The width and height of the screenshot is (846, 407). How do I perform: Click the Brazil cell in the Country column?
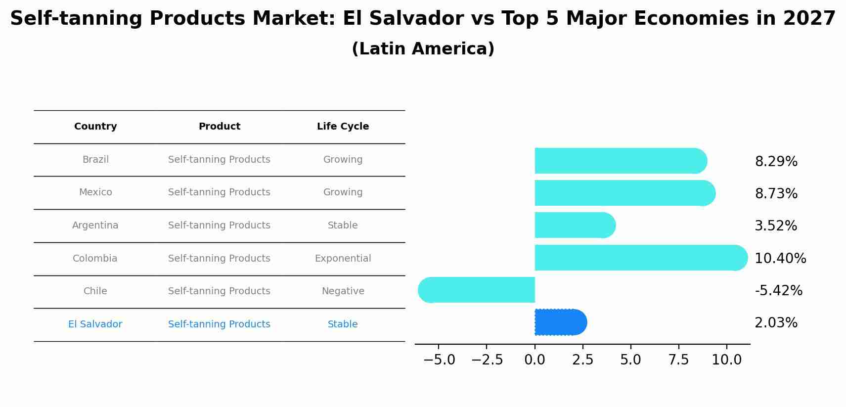[x=95, y=160]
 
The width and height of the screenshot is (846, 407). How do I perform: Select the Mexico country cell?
[x=95, y=192]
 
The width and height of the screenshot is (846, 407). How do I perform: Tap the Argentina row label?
[x=95, y=226]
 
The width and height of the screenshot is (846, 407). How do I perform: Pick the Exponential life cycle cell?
[x=343, y=259]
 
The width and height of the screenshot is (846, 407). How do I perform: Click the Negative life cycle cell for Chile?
[x=343, y=291]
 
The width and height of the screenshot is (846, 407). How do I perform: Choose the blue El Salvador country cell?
[x=95, y=324]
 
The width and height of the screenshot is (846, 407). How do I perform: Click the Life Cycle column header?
[x=343, y=127]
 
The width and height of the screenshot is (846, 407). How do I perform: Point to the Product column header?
[x=219, y=127]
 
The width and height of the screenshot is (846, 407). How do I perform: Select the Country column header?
[x=95, y=127]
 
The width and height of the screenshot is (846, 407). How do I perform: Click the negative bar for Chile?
[x=476, y=290]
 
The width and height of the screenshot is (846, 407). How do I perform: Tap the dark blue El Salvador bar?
[x=560, y=322]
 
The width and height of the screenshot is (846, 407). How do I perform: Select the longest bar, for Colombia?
[x=640, y=258]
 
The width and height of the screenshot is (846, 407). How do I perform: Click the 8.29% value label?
[x=776, y=162]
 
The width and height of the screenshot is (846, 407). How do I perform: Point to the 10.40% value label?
[x=780, y=259]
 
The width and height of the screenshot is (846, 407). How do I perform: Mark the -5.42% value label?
[x=778, y=291]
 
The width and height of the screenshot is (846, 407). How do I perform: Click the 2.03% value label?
[x=776, y=323]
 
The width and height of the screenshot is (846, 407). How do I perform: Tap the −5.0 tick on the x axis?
[x=439, y=360]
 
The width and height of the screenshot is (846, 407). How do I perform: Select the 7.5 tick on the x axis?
[x=678, y=360]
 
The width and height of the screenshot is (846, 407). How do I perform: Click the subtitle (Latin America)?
[x=423, y=49]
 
